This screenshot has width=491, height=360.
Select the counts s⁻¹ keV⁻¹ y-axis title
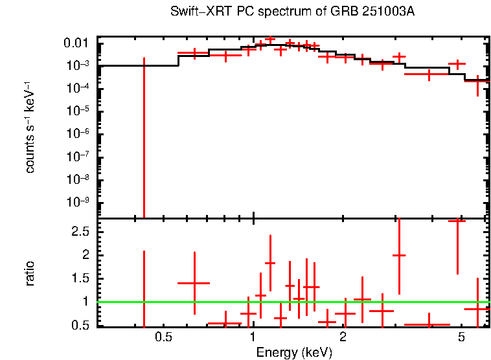coord(30,128)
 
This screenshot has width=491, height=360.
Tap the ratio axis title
coord(30,274)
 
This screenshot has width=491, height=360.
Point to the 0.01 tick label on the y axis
coord(77,43)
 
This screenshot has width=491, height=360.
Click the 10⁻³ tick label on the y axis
coord(78,66)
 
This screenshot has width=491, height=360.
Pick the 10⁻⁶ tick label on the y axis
coord(78,134)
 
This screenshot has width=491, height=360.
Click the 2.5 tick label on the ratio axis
coord(80,231)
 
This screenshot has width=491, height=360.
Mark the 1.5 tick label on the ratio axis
coord(80,278)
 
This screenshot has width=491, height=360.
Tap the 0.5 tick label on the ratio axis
coord(80,324)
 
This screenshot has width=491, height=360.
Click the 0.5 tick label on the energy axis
coord(163,337)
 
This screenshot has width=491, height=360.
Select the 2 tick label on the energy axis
coord(343,337)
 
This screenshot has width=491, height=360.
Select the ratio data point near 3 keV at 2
coord(399,255)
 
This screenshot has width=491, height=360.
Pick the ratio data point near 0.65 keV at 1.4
coord(194,283)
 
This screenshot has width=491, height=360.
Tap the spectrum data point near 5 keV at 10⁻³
coord(457,64)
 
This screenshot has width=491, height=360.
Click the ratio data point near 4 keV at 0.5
coord(428,324)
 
